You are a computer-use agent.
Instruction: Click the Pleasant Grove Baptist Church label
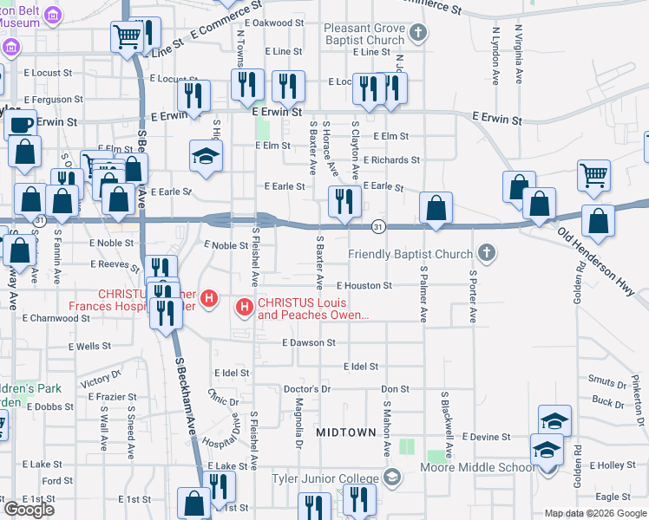[x=364, y=34]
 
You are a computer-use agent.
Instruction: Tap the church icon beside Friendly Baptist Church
[x=487, y=254]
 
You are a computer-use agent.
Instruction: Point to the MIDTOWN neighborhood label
[x=345, y=432]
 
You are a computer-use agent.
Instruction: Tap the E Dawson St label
[x=308, y=343]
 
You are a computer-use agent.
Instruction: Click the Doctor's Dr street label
[x=308, y=389]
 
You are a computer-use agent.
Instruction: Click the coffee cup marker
[x=21, y=124]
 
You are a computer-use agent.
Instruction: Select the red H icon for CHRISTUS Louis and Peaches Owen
[x=245, y=306]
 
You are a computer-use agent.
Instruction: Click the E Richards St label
[x=391, y=160]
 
